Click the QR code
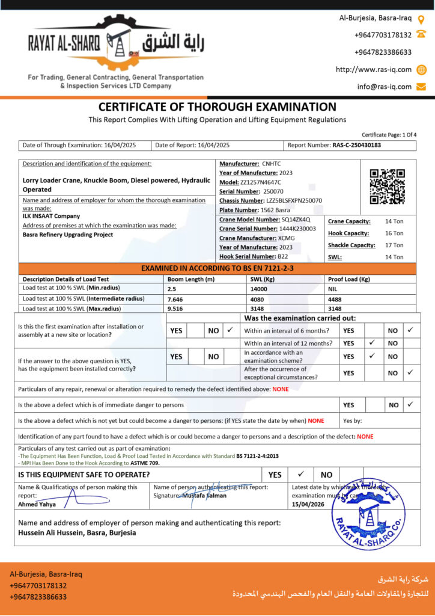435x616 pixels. [x=386, y=186]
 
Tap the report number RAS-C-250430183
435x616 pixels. [x=356, y=145]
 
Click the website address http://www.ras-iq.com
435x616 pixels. [x=374, y=69]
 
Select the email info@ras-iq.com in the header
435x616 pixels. [x=385, y=87]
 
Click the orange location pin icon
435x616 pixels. [x=421, y=19]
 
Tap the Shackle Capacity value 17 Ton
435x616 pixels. [x=394, y=245]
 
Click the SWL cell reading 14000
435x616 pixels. [x=259, y=289]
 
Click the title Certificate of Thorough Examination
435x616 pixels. [x=218, y=107]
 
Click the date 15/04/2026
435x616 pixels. [x=308, y=504]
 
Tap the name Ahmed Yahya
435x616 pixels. [x=37, y=504]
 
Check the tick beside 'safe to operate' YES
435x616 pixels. [x=301, y=474]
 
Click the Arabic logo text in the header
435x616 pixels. [x=174, y=44]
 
